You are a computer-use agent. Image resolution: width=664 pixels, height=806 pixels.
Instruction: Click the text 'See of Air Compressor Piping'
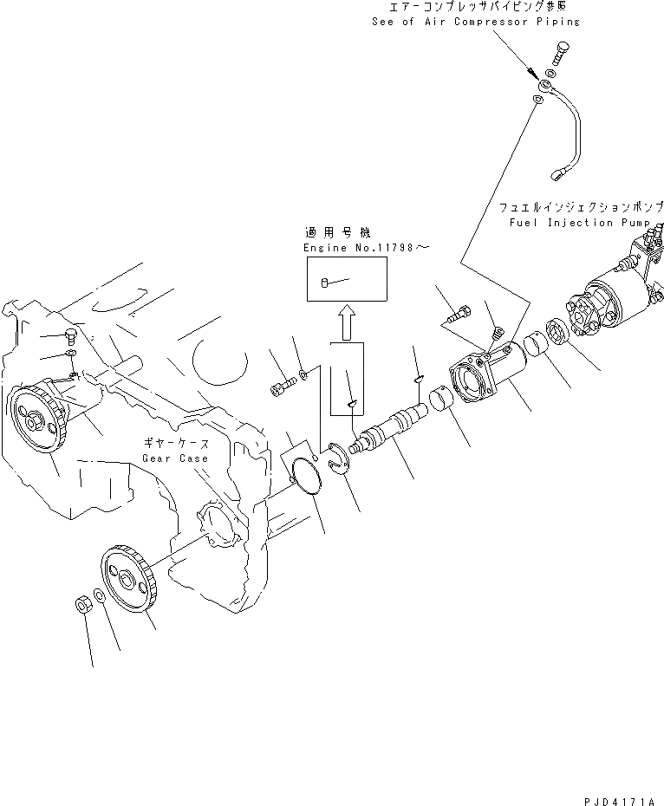(x=476, y=21)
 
